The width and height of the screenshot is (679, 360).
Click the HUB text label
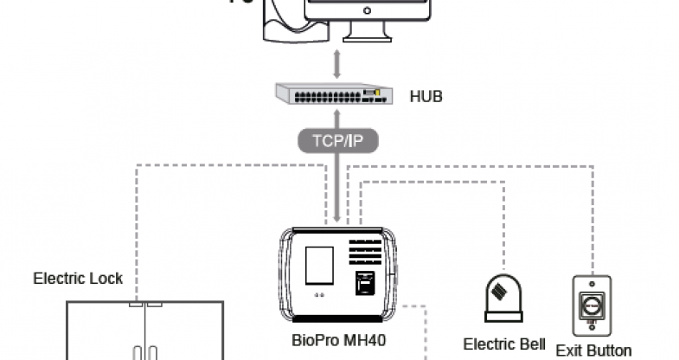(426, 96)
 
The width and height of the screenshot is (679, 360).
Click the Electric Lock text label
(78, 279)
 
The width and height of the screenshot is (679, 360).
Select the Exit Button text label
(593, 350)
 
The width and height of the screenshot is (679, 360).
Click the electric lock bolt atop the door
(144, 305)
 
